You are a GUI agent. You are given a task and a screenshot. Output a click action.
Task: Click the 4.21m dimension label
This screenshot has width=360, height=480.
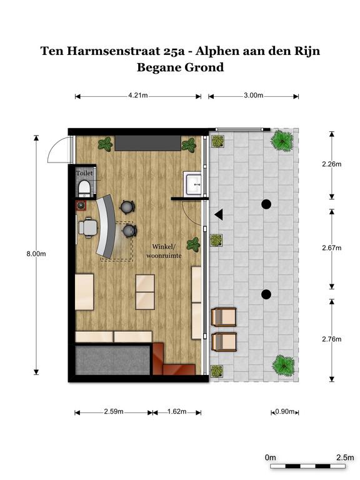pos(137,95)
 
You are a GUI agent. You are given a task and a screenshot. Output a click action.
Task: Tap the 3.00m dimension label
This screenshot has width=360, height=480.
pos(254,95)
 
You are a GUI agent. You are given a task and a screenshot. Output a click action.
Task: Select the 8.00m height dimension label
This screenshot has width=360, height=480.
pos(36,254)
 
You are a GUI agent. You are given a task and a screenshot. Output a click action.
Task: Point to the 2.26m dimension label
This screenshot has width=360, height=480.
pos(331,164)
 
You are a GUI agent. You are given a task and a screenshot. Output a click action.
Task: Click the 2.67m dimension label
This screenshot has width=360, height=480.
pos(331,248)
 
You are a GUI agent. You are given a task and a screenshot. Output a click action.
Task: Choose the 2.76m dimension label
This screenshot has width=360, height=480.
pos(331,339)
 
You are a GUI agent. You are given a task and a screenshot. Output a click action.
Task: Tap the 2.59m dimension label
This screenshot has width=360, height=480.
pos(114,411)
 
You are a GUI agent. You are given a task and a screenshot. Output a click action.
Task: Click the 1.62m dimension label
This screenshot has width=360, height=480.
pos(177,411)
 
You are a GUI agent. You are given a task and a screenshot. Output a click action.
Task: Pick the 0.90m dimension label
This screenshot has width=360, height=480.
pos(285,411)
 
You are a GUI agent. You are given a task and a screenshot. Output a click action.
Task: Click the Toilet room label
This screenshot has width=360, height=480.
pos(84,173)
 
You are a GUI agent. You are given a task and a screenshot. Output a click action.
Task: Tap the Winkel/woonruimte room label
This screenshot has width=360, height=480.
pos(164,251)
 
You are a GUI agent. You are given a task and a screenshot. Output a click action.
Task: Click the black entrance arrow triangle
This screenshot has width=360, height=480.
pos(219,214)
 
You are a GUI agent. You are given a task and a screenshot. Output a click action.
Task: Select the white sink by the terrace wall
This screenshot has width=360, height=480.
pos(192,184)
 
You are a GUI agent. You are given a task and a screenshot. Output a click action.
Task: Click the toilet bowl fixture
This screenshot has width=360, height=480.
pos(84,188)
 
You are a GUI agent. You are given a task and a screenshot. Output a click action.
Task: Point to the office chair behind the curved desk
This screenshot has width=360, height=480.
pos(88,227)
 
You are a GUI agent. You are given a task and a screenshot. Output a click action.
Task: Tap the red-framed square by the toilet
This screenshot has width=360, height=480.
pos(81,206)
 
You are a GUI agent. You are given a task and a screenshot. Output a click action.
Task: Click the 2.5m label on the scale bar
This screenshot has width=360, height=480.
pos(345,457)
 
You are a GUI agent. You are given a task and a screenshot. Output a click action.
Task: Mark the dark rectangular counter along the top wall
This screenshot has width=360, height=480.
pos(148,143)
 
